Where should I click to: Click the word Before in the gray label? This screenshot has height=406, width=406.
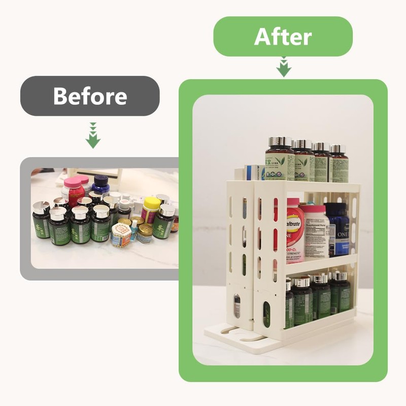(90, 96)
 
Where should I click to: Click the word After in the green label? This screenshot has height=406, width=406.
(283, 37)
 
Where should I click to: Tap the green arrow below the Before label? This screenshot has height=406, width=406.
(93, 136)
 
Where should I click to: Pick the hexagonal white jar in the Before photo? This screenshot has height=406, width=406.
(120, 234)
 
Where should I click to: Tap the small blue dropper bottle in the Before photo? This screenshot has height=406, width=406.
(133, 230)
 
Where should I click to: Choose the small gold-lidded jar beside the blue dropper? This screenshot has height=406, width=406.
(145, 233)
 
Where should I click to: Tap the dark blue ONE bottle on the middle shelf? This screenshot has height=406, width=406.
(337, 228)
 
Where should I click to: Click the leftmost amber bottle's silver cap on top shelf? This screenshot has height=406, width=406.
(280, 142)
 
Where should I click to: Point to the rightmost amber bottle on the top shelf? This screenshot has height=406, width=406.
(339, 163)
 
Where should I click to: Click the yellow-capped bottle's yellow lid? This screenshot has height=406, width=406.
(152, 202)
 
